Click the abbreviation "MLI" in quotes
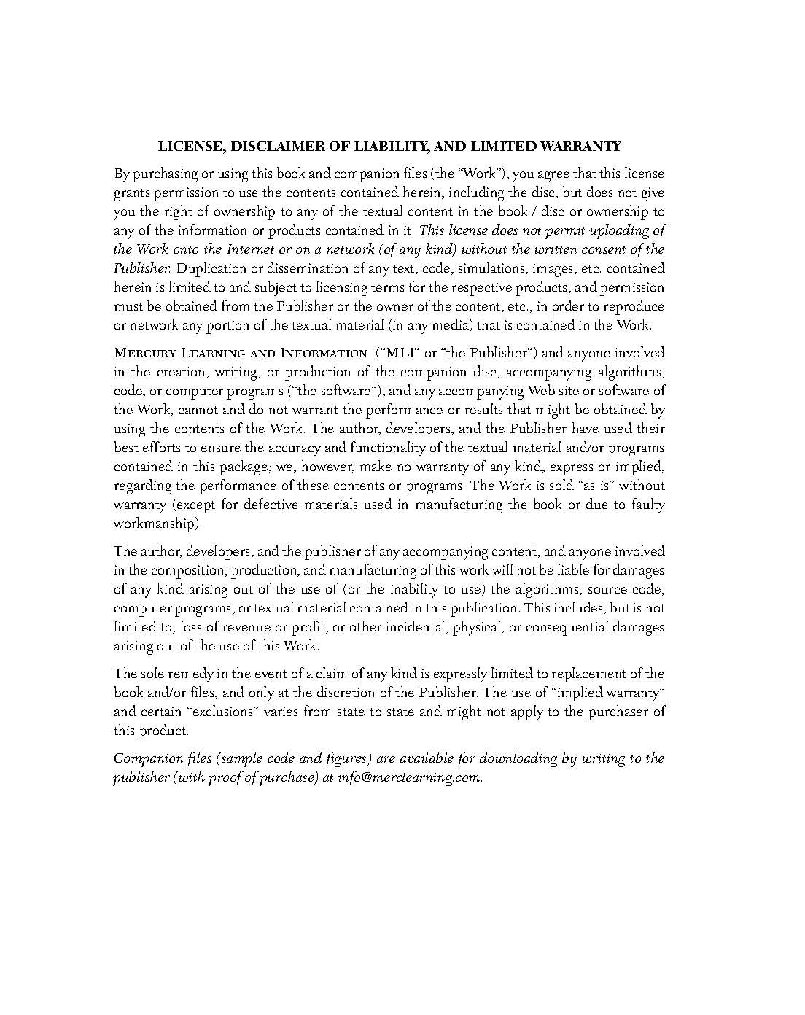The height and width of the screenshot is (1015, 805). coord(398,354)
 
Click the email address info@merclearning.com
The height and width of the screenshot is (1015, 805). coord(409,777)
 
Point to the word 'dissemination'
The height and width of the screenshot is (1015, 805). coord(301,268)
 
